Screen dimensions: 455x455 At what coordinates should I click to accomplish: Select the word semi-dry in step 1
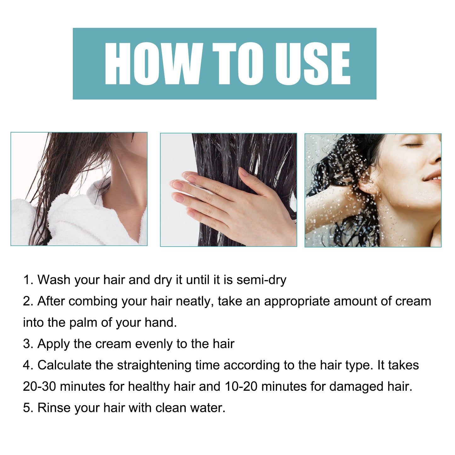tap(261, 280)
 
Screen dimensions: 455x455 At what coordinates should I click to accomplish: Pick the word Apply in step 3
tap(54, 344)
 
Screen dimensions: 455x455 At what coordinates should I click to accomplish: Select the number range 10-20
tap(241, 387)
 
